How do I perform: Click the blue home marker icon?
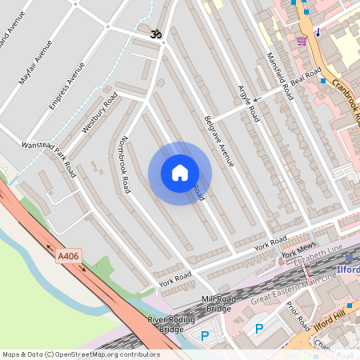tap(180, 173)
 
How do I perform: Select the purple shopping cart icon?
tap(302, 40)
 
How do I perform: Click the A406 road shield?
tap(69, 256)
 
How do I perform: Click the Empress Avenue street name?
tap(66, 86)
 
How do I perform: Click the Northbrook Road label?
tap(122, 164)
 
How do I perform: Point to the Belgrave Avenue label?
tap(218, 141)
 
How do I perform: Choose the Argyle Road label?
tap(249, 102)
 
